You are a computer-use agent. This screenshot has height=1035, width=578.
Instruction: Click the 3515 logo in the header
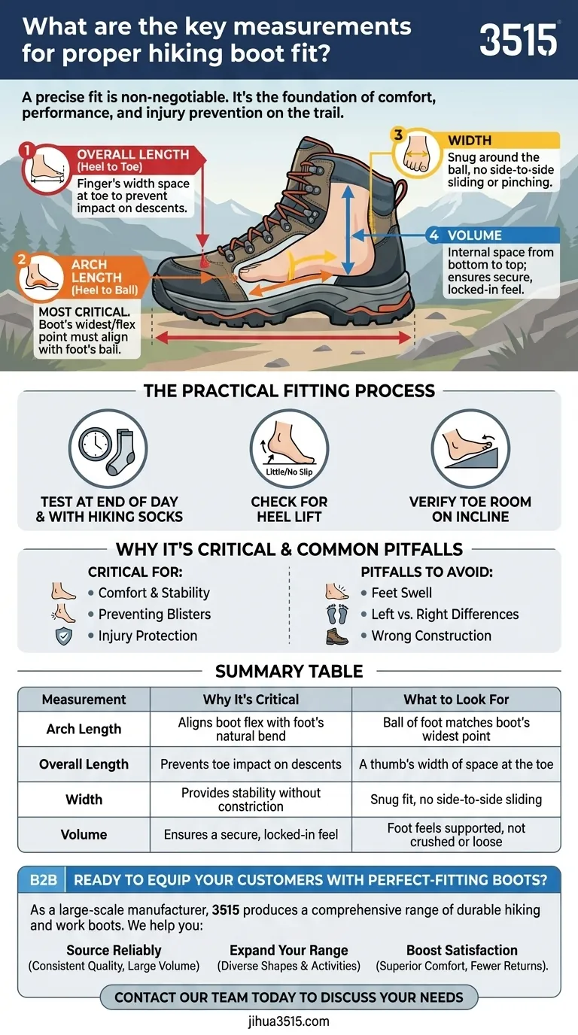[x=519, y=40]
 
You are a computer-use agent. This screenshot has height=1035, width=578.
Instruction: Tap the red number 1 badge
[x=27, y=150]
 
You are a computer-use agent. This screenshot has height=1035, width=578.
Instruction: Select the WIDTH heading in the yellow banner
[x=470, y=141]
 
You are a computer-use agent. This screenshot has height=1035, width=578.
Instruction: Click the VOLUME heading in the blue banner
[x=474, y=235]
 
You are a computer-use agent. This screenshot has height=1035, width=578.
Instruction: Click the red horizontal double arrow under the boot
[x=283, y=338]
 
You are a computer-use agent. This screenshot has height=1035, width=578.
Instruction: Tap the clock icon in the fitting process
[x=95, y=444]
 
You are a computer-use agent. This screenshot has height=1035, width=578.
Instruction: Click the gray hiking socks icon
[x=122, y=452]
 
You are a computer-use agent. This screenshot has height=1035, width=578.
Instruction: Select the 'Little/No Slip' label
[x=289, y=472]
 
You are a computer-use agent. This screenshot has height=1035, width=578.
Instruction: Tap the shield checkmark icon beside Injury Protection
[x=63, y=636]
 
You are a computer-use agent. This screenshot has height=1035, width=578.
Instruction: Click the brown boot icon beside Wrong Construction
[x=336, y=636]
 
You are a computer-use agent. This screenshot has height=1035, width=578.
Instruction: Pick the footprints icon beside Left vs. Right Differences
[x=336, y=614]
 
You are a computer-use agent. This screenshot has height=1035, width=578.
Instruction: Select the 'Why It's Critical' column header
[x=251, y=700]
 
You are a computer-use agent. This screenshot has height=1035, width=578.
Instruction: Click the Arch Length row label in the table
[x=84, y=729]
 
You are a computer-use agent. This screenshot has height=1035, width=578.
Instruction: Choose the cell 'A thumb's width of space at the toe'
[x=456, y=764]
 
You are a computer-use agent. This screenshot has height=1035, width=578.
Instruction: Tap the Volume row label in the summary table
[x=84, y=834]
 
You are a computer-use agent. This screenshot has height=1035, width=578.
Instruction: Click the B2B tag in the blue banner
[x=43, y=880]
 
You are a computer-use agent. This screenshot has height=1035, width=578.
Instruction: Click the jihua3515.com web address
[x=289, y=1021]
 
